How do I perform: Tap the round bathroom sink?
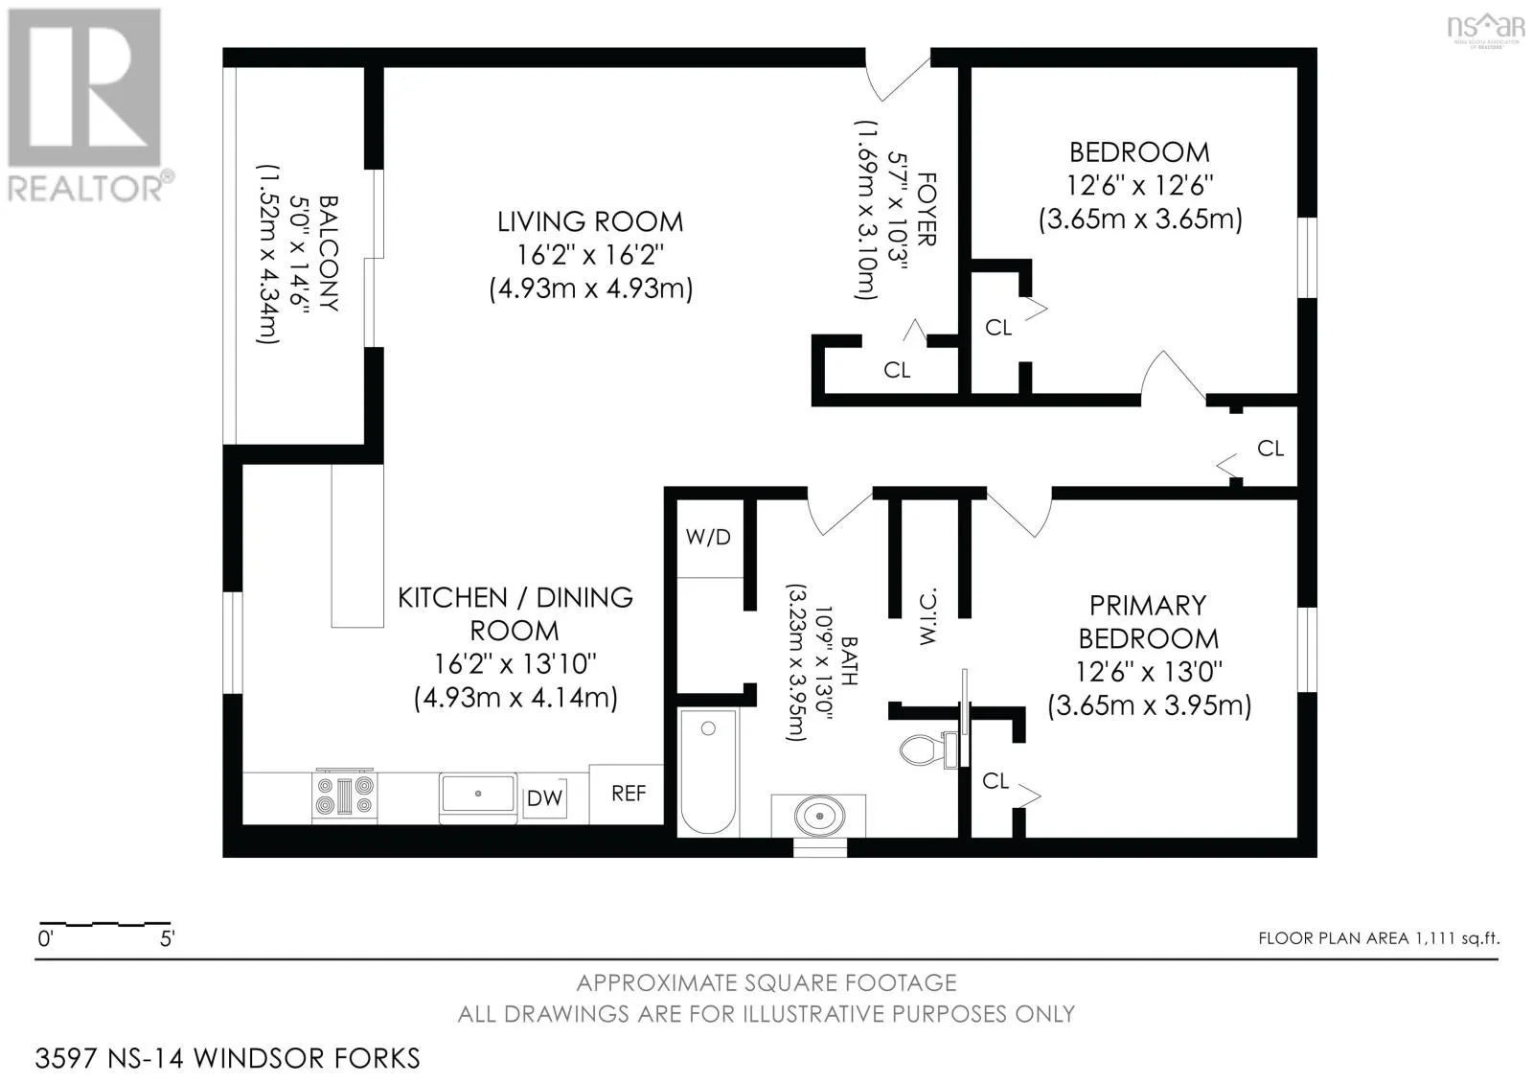click(819, 816)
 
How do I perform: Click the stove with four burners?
click(344, 796)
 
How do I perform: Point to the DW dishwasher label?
click(545, 797)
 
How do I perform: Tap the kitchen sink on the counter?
click(478, 794)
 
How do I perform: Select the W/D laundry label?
click(708, 538)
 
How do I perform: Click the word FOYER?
click(926, 210)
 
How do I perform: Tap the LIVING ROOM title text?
click(590, 221)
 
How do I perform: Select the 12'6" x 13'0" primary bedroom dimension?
click(1149, 672)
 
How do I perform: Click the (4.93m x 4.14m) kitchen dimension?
click(515, 698)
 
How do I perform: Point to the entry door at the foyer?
click(898, 76)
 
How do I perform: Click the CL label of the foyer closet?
click(897, 371)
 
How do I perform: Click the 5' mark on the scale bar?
click(168, 938)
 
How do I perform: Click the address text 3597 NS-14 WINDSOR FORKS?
click(227, 1058)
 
